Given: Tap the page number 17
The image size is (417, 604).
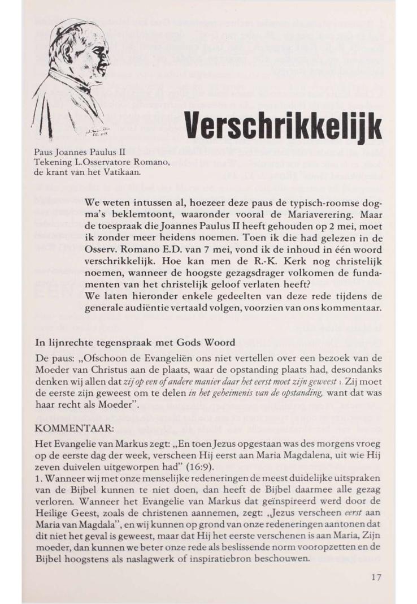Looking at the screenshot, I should (376, 577).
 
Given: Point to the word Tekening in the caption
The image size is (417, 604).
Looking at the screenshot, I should (51, 162).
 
